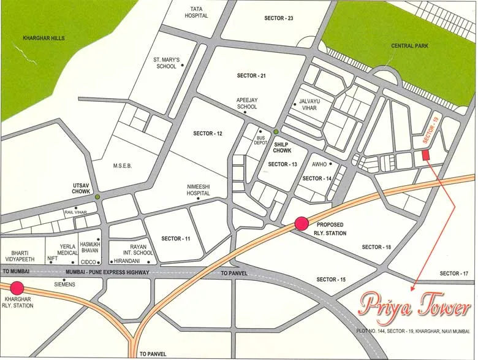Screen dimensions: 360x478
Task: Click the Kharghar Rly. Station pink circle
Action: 16,287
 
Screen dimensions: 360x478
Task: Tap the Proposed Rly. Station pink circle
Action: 302,224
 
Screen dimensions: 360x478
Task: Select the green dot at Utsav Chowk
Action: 97,196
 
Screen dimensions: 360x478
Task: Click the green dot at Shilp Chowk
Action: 276,132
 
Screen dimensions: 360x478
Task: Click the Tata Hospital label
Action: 196,12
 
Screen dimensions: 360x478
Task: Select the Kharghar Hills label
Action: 44,38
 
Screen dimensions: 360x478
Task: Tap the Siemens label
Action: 64,285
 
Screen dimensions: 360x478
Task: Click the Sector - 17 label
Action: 454,274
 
